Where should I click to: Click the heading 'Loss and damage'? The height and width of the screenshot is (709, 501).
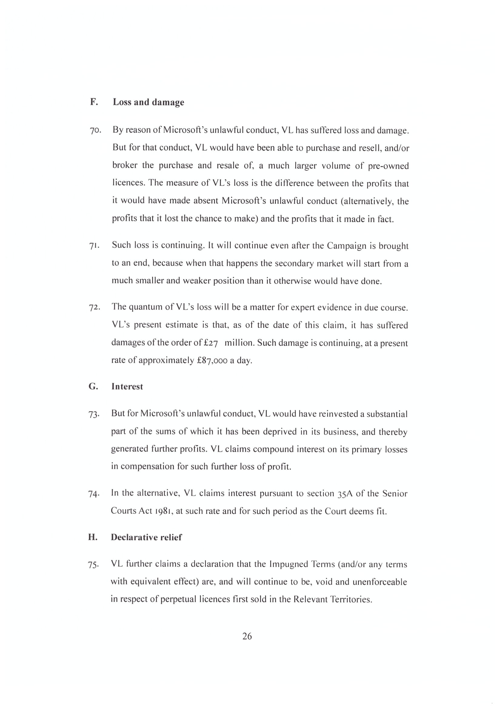148,102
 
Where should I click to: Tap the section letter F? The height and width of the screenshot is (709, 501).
94,102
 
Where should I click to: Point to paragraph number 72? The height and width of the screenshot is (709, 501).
95,308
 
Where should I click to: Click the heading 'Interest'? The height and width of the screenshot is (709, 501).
127,386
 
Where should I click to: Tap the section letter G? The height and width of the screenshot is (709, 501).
93,386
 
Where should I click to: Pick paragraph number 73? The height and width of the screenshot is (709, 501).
94,414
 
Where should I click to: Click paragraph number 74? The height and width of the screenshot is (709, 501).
94,494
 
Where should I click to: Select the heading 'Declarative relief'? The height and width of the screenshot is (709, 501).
146,537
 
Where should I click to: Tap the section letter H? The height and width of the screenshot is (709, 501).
93,537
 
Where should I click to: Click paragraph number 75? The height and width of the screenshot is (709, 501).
93,565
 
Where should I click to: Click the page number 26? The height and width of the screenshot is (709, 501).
247,636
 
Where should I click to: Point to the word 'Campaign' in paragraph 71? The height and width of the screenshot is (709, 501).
347,246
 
